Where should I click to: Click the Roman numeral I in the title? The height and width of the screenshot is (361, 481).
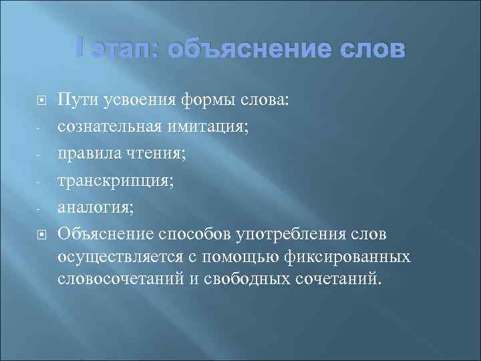point(81,49)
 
